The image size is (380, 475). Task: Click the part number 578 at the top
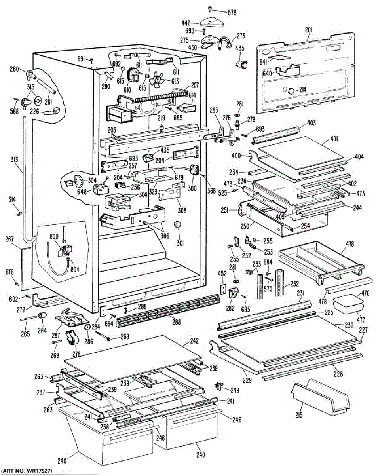coord(232,13)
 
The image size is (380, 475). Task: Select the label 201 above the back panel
coord(308,30)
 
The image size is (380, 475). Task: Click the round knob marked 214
coord(291,90)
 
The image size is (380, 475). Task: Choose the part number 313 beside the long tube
coord(14,160)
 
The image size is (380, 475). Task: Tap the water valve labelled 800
coord(65,250)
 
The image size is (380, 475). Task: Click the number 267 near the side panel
coord(9,239)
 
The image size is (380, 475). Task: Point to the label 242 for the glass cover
coord(194,341)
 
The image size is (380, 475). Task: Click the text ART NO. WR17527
coord(27,471)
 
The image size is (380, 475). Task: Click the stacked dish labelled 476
coord(348,300)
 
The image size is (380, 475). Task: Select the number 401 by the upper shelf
coord(334,139)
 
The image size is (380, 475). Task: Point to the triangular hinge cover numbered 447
coord(211,23)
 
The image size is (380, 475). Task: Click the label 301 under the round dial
coord(180,243)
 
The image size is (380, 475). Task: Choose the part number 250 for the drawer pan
coord(245,226)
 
